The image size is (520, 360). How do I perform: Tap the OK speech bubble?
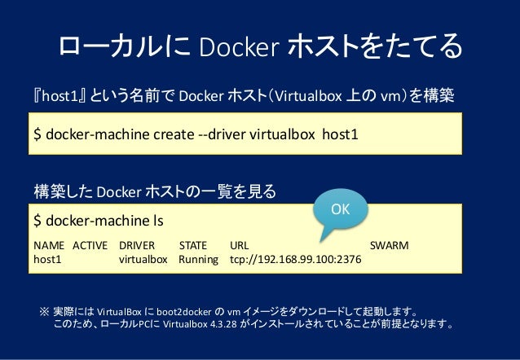coord(340,209)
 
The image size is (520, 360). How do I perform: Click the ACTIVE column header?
coord(91,244)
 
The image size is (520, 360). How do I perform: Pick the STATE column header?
coord(193,244)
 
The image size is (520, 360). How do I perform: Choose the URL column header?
coord(240,244)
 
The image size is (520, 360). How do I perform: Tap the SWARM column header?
coord(390,244)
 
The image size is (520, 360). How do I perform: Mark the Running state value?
coord(199,260)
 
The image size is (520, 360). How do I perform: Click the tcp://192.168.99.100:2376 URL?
coord(297,260)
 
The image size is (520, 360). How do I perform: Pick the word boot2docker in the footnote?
coord(187,311)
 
